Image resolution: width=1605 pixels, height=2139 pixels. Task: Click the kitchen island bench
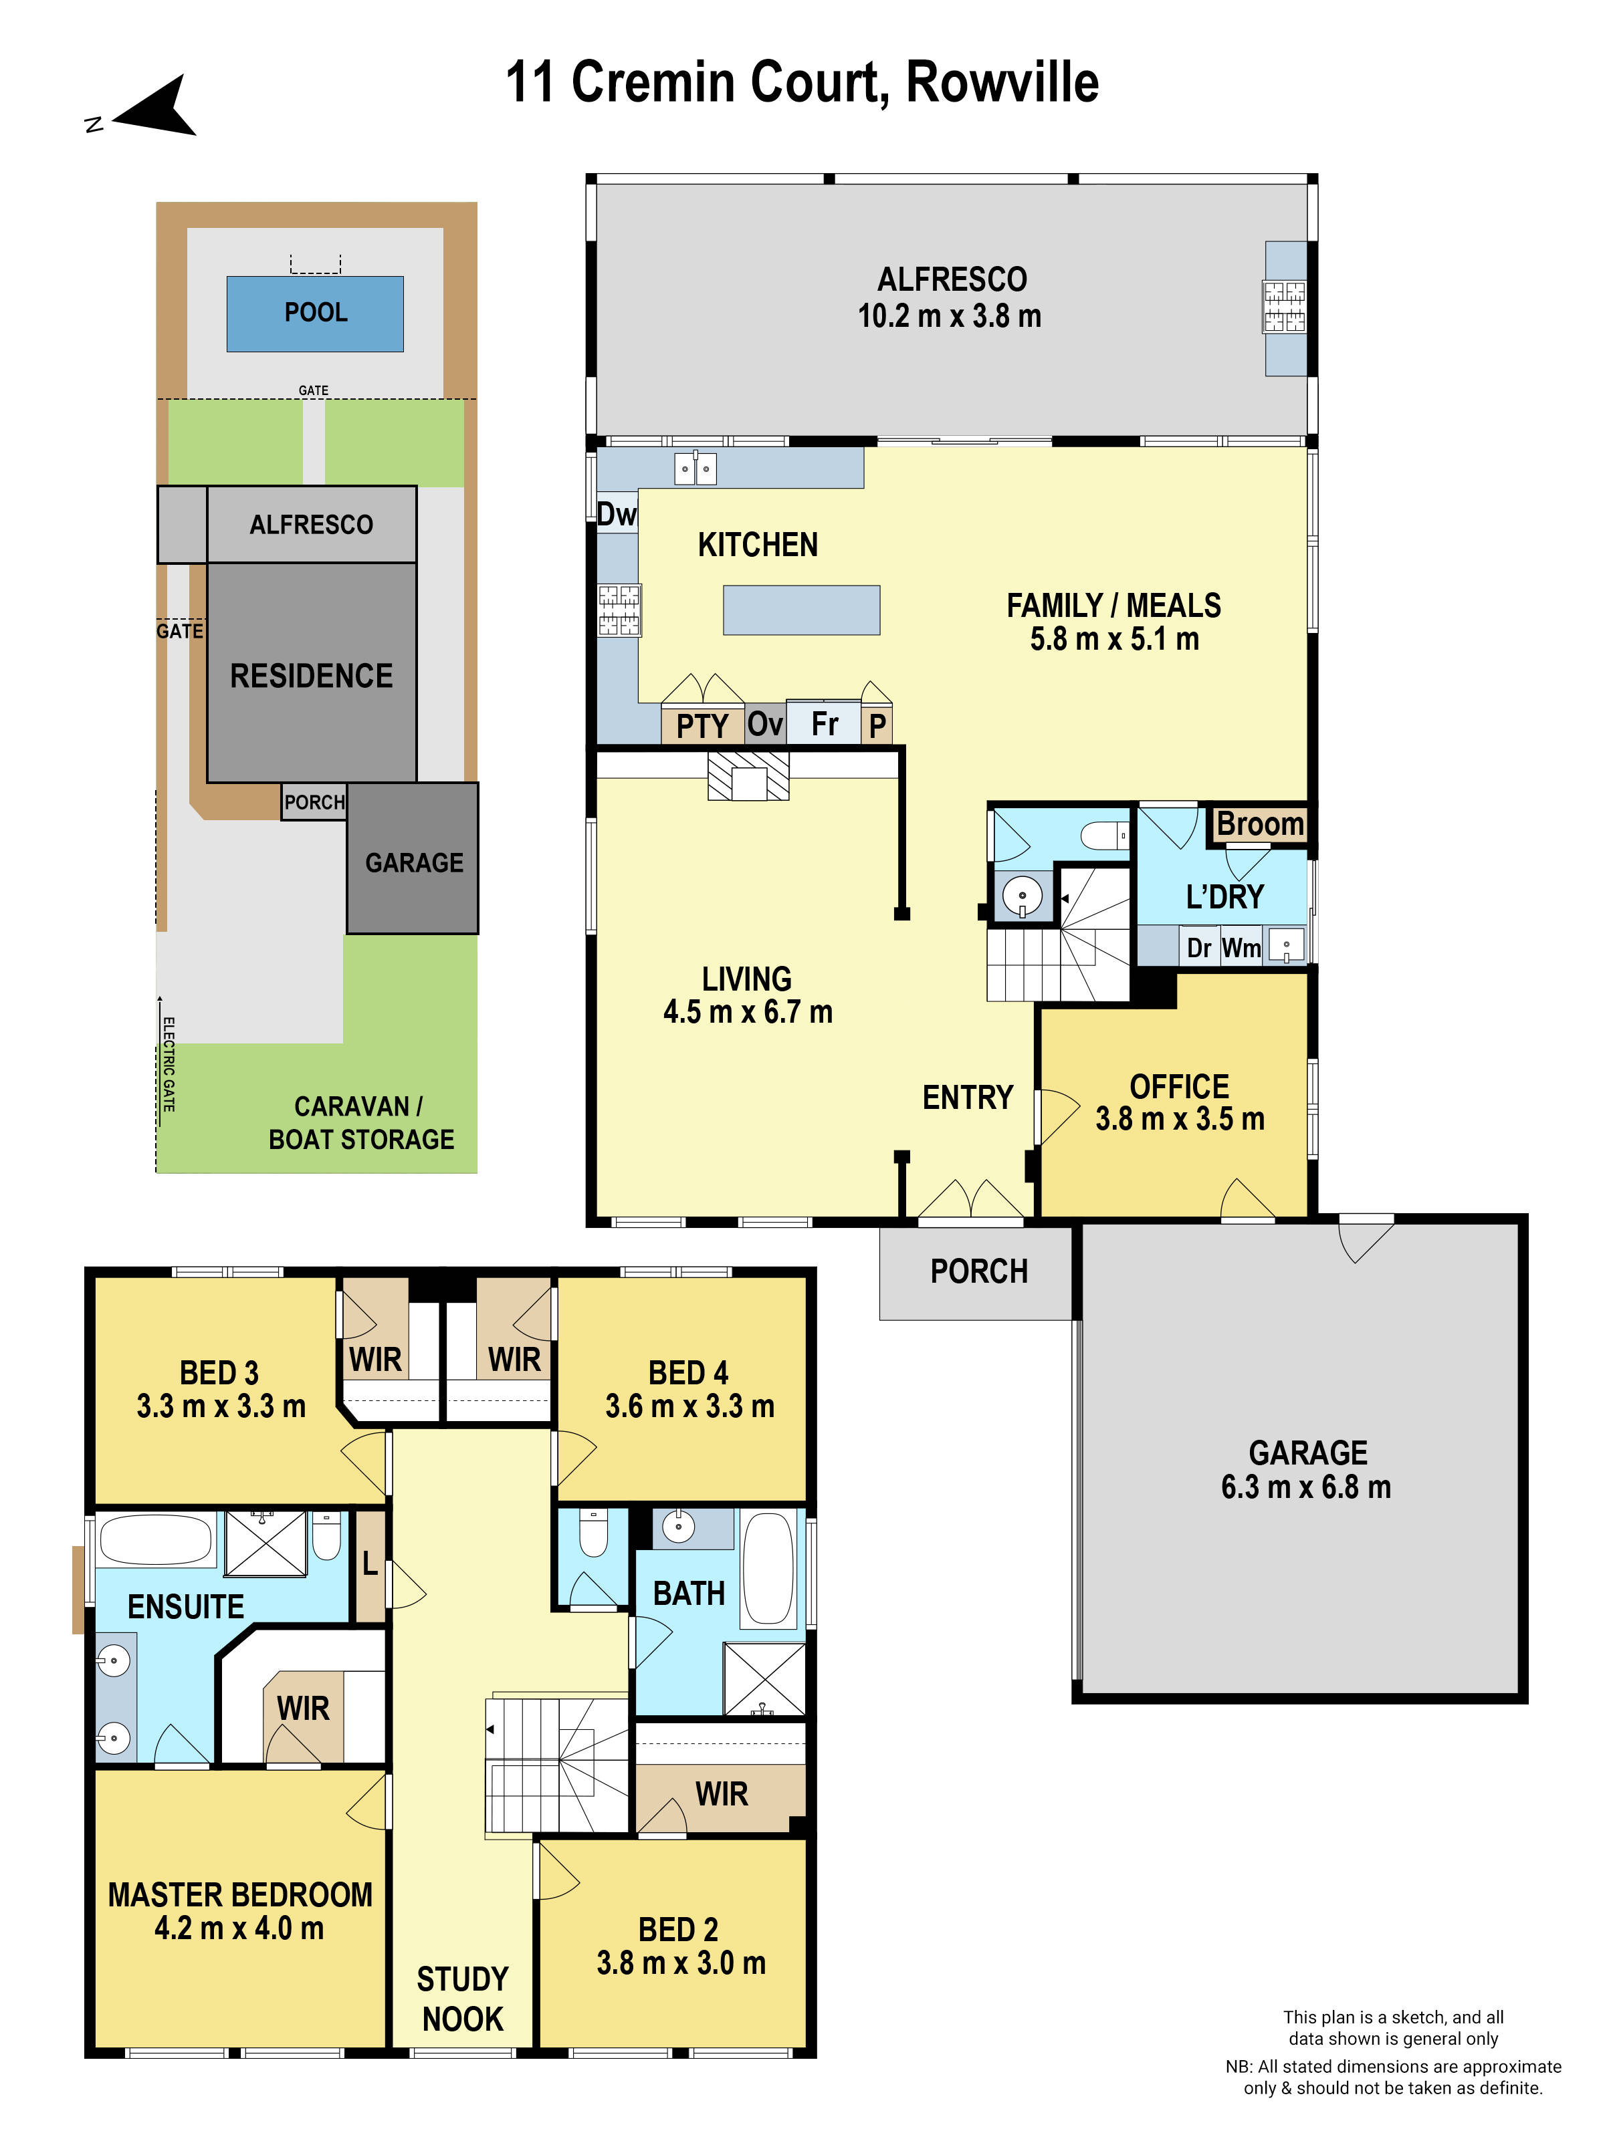click(801, 610)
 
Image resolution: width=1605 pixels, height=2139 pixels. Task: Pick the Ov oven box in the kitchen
click(764, 723)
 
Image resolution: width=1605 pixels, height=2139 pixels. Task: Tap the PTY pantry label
click(702, 725)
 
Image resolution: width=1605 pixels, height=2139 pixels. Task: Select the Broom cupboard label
click(1259, 824)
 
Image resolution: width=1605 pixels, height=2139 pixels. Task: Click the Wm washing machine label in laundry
click(1241, 948)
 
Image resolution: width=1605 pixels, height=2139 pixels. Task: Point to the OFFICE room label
click(1178, 1086)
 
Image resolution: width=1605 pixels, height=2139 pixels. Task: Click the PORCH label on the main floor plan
click(978, 1271)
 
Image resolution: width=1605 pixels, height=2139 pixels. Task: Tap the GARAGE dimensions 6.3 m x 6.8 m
click(1305, 1487)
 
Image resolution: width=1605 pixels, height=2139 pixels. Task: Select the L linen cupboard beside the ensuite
click(370, 1563)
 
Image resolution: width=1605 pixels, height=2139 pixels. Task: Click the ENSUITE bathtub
click(156, 1539)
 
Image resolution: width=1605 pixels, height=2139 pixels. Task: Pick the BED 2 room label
click(677, 1929)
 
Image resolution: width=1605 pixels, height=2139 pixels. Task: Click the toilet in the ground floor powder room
click(1104, 836)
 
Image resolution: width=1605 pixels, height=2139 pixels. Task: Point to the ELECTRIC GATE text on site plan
click(169, 1063)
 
